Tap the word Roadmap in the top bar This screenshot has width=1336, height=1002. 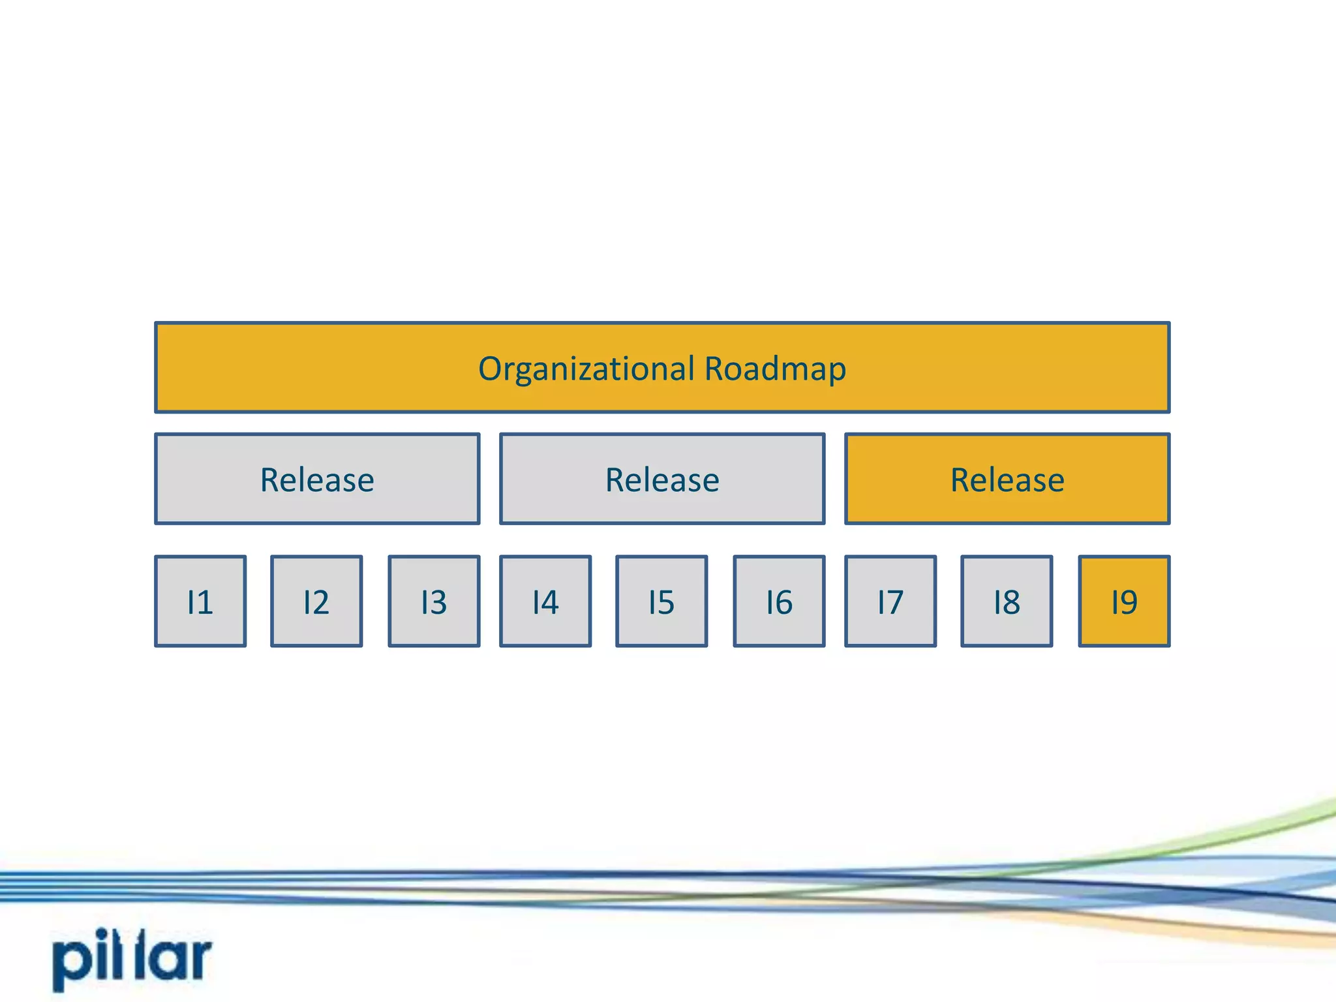tap(775, 369)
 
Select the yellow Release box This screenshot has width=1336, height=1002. tap(1007, 479)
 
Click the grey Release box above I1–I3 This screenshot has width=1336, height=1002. tap(317, 479)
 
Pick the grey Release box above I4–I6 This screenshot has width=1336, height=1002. tap(662, 479)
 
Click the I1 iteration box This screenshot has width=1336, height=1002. tap(200, 601)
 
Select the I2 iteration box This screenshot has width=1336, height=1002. tap(316, 601)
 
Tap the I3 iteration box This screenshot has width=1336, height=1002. tap(434, 601)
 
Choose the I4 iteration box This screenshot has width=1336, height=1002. tap(545, 601)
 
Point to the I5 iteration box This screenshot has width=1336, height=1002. tap(661, 601)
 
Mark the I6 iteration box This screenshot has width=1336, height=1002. tap(779, 601)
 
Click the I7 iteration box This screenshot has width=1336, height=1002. tap(890, 601)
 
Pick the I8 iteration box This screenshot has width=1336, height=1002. tap(1007, 601)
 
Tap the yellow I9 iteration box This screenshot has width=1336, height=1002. tap(1124, 601)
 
